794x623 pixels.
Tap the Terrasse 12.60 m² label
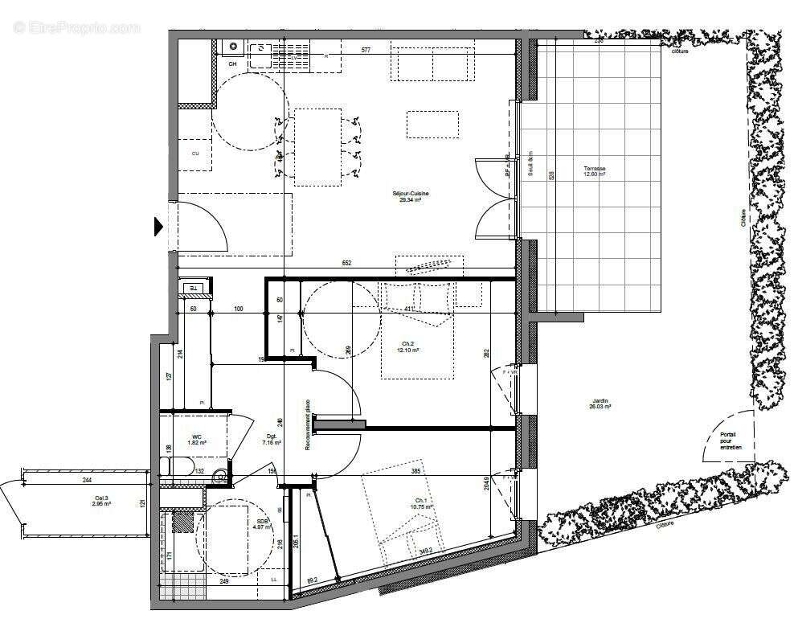[595, 171]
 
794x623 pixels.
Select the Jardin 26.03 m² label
[600, 404]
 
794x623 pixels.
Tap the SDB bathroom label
[263, 523]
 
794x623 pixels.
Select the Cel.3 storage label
[100, 502]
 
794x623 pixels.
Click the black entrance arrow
[158, 227]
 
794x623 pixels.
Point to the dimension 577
[366, 51]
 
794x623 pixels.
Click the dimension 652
[347, 263]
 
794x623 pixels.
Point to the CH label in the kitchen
[232, 64]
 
